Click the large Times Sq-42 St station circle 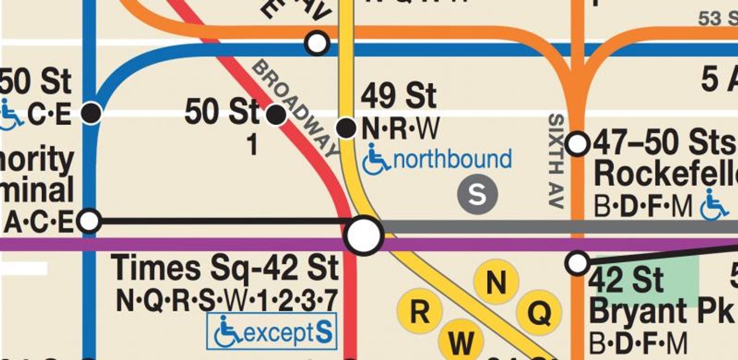click(x=364, y=235)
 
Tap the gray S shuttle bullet click(x=477, y=194)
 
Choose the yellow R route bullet click(x=419, y=312)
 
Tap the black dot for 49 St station click(x=346, y=128)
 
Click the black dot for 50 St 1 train click(x=276, y=114)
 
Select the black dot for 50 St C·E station click(x=92, y=113)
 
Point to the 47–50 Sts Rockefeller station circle click(x=578, y=143)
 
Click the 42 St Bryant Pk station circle click(x=578, y=262)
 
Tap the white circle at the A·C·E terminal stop click(x=90, y=221)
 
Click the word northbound click(x=452, y=159)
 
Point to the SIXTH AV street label click(x=557, y=161)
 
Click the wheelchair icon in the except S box click(x=228, y=332)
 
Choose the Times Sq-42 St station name click(x=225, y=268)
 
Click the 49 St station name click(x=399, y=96)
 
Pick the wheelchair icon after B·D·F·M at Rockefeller click(x=714, y=206)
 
